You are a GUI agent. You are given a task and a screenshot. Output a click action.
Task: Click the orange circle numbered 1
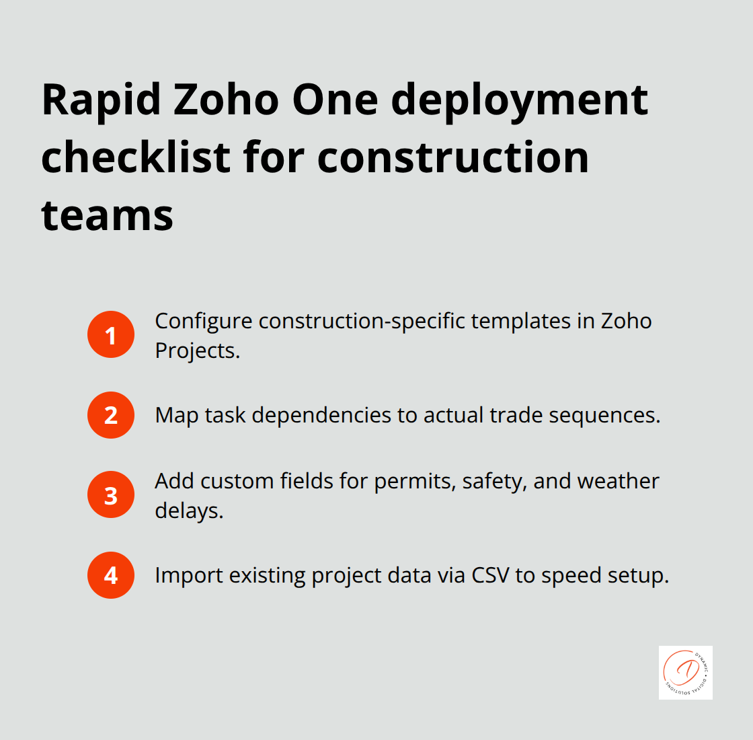click(x=111, y=334)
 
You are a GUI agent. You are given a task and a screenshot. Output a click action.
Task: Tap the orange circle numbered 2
click(x=111, y=415)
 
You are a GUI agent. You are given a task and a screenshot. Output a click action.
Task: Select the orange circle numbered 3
click(x=111, y=495)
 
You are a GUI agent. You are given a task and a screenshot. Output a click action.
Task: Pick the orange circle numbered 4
click(x=111, y=575)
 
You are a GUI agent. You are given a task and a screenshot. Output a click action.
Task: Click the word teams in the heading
click(x=108, y=215)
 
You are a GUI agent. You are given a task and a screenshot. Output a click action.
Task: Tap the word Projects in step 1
click(x=197, y=350)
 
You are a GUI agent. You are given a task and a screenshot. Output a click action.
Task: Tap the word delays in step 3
click(x=188, y=511)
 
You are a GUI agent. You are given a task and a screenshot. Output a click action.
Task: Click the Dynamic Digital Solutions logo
click(x=685, y=673)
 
